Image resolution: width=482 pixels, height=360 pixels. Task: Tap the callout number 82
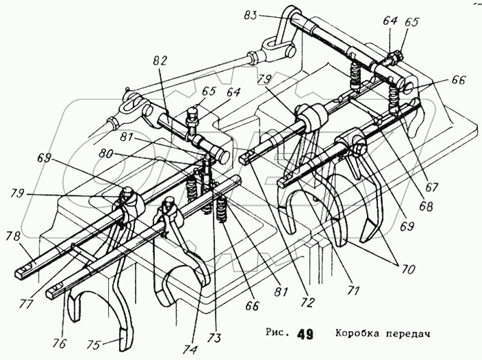pos(160,61)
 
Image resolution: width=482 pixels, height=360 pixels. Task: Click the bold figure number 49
pos(305,335)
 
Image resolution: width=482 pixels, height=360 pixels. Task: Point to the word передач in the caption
pos(410,335)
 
